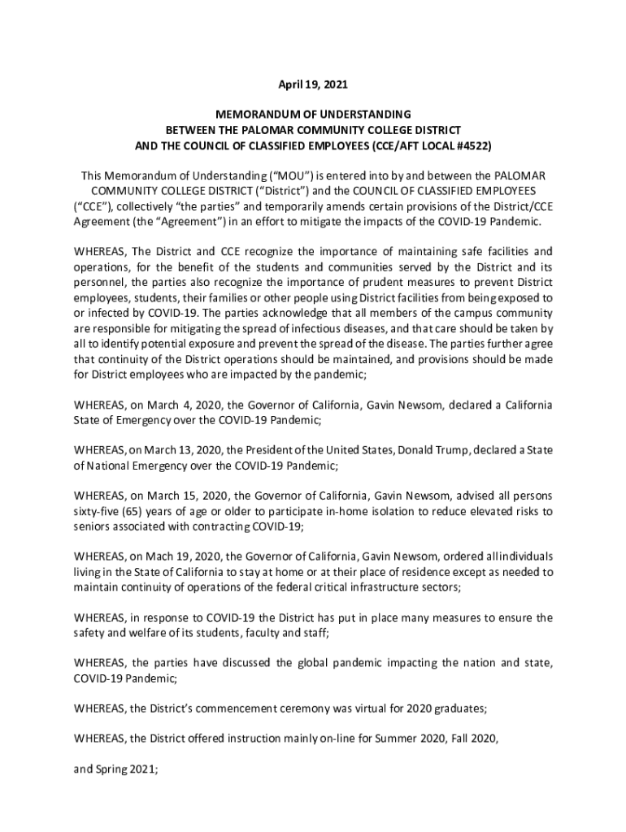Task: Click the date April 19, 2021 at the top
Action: (313, 84)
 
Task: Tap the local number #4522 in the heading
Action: (470, 145)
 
